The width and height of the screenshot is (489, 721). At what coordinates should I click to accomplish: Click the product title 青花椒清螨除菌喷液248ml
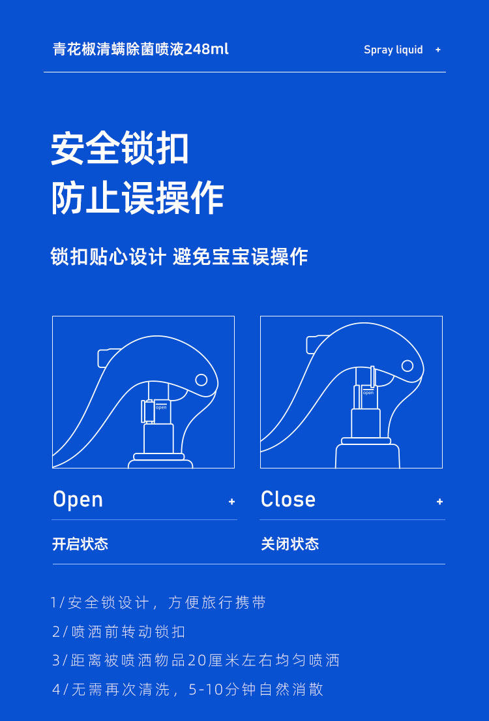[x=141, y=50]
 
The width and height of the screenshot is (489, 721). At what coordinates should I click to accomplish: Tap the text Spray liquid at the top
[x=393, y=50]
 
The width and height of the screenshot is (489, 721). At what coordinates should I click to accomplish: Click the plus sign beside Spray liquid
[x=437, y=50]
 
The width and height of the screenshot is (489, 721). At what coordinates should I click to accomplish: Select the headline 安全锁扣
[x=120, y=148]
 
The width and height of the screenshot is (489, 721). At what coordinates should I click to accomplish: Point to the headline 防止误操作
[x=138, y=198]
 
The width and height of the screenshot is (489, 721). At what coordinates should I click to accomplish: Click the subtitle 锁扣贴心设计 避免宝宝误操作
[x=179, y=256]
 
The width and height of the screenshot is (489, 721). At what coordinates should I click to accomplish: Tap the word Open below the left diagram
[x=78, y=500]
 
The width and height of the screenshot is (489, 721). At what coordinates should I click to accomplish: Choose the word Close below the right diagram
[x=288, y=500]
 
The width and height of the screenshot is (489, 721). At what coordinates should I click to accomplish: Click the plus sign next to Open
[x=231, y=502]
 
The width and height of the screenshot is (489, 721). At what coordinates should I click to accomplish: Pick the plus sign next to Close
[x=439, y=502]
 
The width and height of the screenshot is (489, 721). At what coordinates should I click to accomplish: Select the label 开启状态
[x=80, y=544]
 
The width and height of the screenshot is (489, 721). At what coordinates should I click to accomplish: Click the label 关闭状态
[x=290, y=544]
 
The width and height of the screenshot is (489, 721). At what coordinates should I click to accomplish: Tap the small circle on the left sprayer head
[x=201, y=380]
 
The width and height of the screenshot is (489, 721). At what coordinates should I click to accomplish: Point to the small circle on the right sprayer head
[x=407, y=366]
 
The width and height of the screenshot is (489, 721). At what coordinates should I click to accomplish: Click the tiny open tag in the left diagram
[x=161, y=407]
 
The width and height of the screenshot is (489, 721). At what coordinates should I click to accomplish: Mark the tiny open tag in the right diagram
[x=368, y=393]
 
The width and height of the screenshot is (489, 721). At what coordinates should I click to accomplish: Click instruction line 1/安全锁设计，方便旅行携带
[x=158, y=603]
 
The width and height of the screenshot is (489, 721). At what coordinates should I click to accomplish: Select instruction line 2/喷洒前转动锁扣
[x=119, y=632]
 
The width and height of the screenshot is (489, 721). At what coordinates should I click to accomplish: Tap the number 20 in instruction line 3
[x=196, y=660]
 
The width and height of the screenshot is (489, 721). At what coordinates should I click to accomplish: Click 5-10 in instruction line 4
[x=206, y=690]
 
